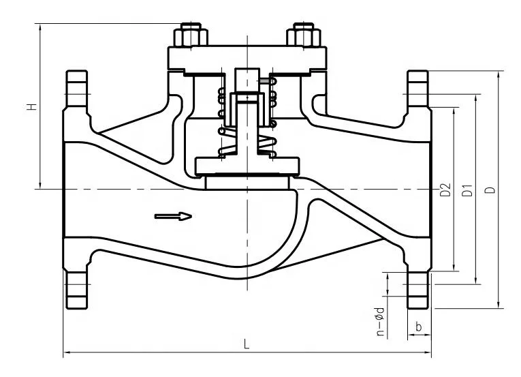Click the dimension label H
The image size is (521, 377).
33,107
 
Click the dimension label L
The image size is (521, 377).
247,344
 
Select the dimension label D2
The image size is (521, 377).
445,190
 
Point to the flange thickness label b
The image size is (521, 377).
419,327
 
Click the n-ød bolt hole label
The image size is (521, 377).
381,321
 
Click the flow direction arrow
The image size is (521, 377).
173,216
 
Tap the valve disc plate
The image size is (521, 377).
247,166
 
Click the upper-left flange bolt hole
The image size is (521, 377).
77,95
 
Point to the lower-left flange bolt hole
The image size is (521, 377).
77,284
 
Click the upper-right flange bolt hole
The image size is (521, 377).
417,95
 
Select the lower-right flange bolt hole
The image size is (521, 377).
417,284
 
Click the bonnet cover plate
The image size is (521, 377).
247,58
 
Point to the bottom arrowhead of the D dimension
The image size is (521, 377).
498,305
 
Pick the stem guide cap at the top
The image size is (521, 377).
247,80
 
